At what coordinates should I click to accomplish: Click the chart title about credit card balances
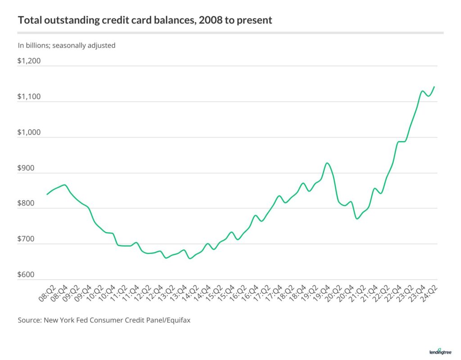pyautogui.click(x=145, y=20)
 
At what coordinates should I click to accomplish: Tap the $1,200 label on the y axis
pyautogui.click(x=29, y=61)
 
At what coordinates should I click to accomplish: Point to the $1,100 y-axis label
pyautogui.click(x=29, y=97)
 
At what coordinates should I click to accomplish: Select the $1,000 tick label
pyautogui.click(x=29, y=132)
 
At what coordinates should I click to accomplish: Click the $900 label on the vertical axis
pyautogui.click(x=27, y=168)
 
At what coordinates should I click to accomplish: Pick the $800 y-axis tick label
pyautogui.click(x=27, y=203)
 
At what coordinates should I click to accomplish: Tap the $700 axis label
pyautogui.click(x=27, y=239)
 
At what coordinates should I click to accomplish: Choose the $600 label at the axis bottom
pyautogui.click(x=27, y=275)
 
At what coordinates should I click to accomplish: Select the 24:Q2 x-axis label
pyautogui.click(x=430, y=292)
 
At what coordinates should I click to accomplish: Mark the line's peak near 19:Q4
pyautogui.click(x=327, y=163)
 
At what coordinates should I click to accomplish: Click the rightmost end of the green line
pyautogui.click(x=434, y=86)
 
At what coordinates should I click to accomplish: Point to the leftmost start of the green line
pyautogui.click(x=47, y=194)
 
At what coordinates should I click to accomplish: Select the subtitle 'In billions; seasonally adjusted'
pyautogui.click(x=67, y=45)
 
